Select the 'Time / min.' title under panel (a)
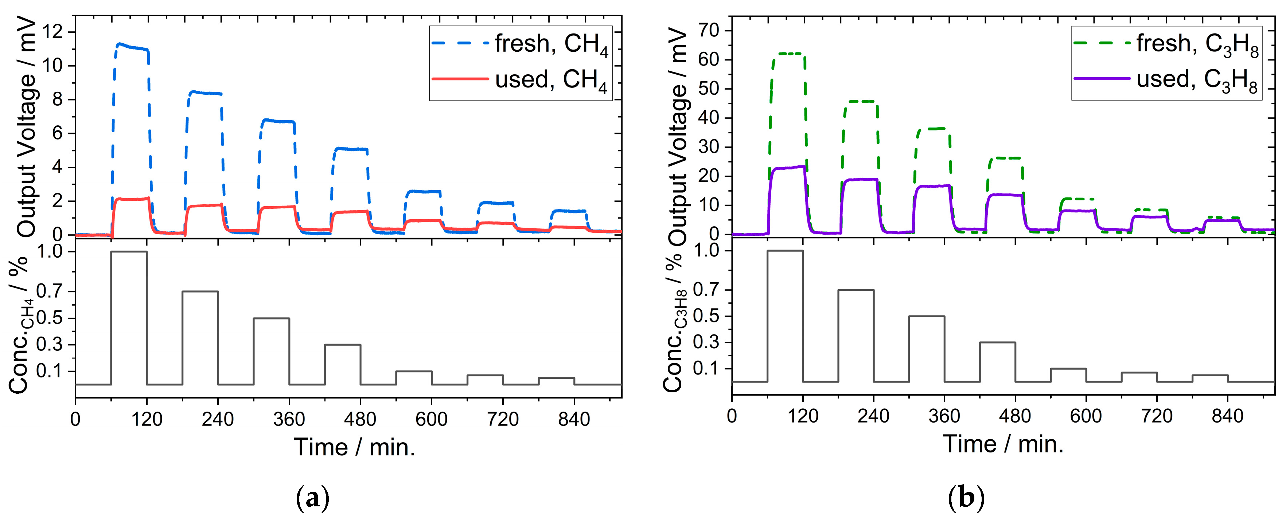click(x=354, y=447)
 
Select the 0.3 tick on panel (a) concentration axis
click(x=51, y=345)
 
